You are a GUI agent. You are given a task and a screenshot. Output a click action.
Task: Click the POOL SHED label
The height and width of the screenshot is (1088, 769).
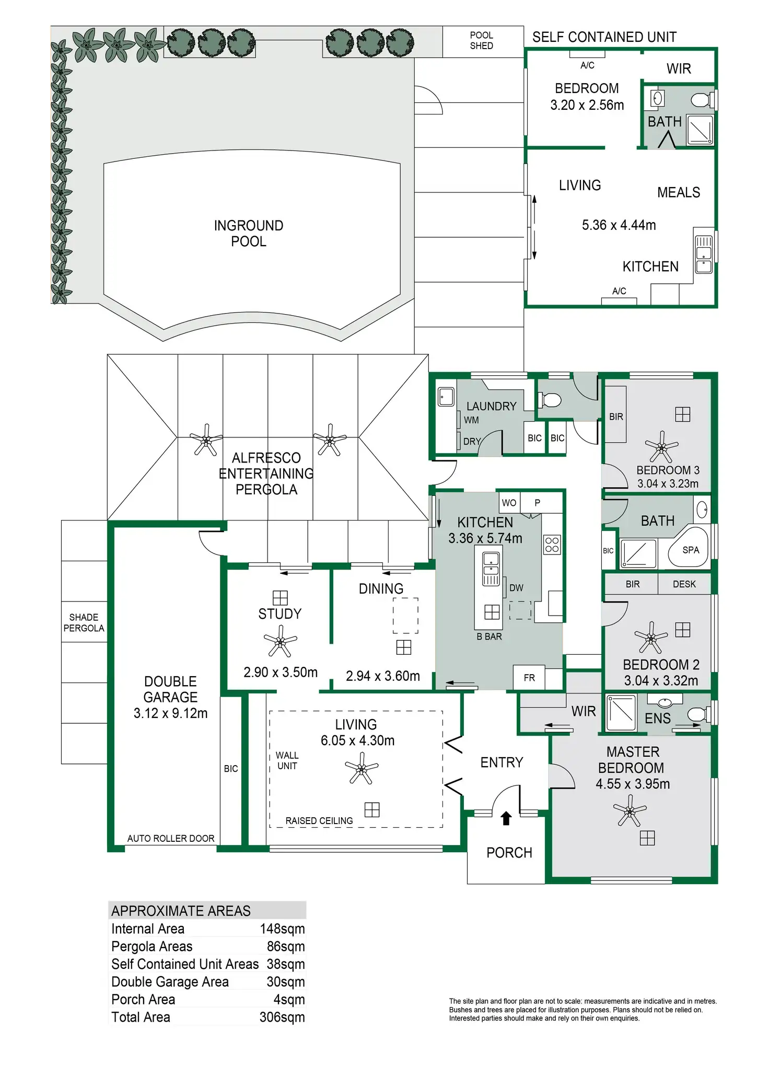coord(481,41)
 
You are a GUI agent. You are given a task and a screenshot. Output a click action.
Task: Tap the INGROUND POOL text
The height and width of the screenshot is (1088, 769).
coord(249,234)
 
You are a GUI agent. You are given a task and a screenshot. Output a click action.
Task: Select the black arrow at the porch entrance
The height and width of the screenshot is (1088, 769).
coord(506,818)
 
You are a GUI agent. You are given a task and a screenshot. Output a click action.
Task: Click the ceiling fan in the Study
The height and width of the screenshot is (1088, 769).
coord(281,641)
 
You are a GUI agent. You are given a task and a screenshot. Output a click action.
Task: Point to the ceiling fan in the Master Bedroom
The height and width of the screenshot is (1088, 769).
coord(630,811)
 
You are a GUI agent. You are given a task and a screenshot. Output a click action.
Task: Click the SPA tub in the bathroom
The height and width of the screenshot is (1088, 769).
coord(689,549)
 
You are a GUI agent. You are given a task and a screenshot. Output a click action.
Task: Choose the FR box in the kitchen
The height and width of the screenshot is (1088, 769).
coord(529,678)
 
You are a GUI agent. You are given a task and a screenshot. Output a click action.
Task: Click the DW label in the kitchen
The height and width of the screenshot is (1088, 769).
coord(516,588)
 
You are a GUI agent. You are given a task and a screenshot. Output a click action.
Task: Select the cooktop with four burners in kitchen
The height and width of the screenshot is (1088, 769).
coord(552,544)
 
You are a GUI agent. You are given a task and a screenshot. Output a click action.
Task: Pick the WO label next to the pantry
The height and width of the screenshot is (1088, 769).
coord(509,503)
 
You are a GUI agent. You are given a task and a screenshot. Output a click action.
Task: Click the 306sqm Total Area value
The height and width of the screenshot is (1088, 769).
coord(282,1017)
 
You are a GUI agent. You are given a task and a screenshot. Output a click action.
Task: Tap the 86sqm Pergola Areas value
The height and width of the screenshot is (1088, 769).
coord(285,946)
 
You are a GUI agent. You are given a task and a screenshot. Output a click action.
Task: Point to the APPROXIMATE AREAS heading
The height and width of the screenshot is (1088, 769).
coord(181,911)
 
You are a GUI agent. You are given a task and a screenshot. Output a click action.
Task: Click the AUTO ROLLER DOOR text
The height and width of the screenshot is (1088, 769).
coord(171,839)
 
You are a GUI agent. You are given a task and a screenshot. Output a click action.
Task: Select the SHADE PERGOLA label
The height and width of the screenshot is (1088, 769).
coord(84,623)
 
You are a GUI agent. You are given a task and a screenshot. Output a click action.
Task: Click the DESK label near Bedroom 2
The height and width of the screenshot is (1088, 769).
coord(684,584)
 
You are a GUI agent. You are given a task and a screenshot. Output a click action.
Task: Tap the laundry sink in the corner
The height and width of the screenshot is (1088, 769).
coord(446,397)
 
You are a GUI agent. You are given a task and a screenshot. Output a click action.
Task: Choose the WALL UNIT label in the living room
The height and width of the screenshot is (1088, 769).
coord(287,760)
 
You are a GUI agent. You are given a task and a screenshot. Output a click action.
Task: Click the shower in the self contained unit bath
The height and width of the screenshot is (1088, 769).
coord(700,130)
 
